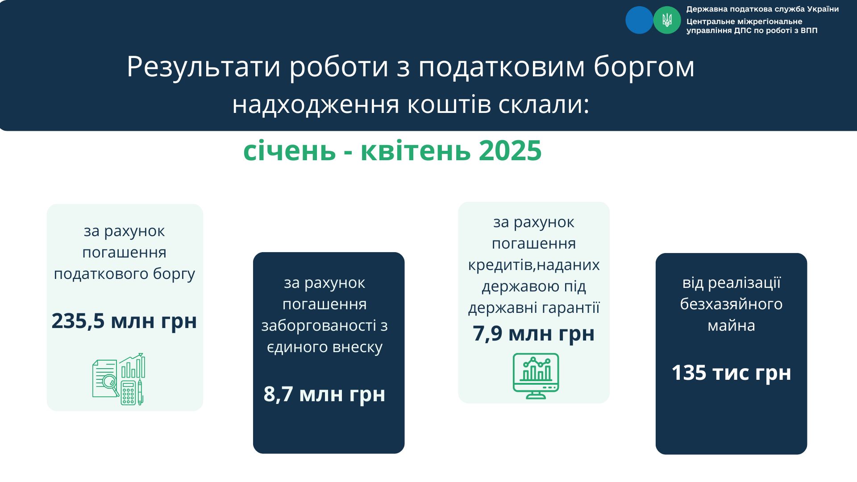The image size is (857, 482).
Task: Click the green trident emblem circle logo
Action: click(x=667, y=20)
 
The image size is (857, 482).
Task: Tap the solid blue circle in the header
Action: click(x=639, y=20)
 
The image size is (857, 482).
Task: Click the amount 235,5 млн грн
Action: click(x=124, y=321)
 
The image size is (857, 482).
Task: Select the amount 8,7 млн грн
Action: click(x=324, y=394)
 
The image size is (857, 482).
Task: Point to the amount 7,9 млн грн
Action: click(x=534, y=333)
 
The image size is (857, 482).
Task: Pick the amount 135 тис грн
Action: click(x=731, y=373)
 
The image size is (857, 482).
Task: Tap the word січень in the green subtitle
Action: click(x=289, y=150)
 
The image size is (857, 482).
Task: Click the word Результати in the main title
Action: click(x=204, y=67)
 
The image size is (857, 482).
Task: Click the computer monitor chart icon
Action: click(x=536, y=376)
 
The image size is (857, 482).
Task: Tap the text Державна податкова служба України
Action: click(x=762, y=9)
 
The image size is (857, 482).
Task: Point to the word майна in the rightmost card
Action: click(x=731, y=326)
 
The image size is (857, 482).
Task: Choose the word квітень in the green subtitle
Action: click(x=416, y=150)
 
